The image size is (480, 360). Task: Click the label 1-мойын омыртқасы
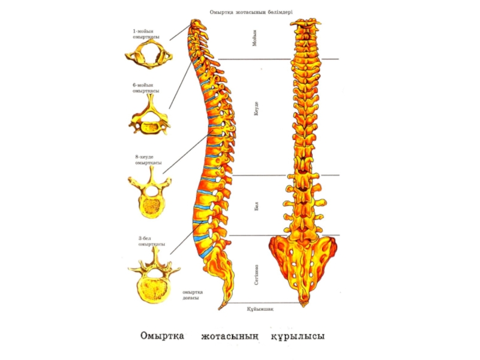coord(146,34)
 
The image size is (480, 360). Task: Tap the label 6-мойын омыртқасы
coord(146,88)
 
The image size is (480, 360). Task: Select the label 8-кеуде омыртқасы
coord(148,160)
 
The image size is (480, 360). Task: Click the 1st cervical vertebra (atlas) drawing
coord(148,57)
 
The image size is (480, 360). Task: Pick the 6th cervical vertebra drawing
coord(148,119)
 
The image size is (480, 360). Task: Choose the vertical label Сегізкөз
coord(256,273)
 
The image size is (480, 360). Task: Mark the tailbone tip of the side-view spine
coord(220,308)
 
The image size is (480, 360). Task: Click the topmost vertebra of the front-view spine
coord(306,25)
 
